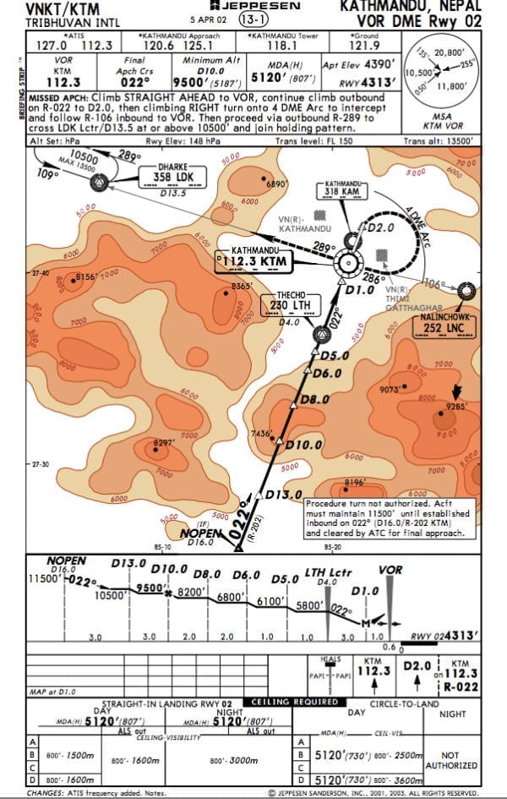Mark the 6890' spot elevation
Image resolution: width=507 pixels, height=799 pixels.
click(276, 183)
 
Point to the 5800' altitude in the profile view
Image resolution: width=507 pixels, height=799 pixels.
click(309, 606)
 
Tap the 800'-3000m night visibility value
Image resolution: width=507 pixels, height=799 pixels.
click(236, 760)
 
